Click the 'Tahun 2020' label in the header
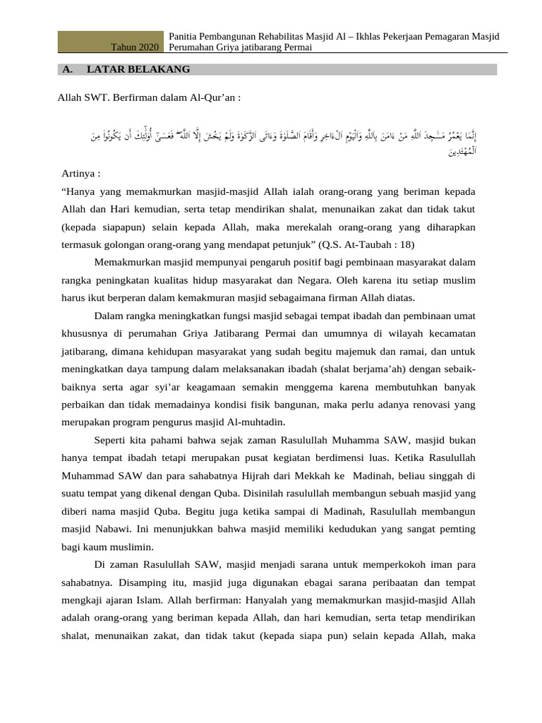click(x=135, y=47)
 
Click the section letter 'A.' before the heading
click(x=68, y=69)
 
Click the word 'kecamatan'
click(x=451, y=332)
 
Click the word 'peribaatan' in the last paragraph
click(x=373, y=583)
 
